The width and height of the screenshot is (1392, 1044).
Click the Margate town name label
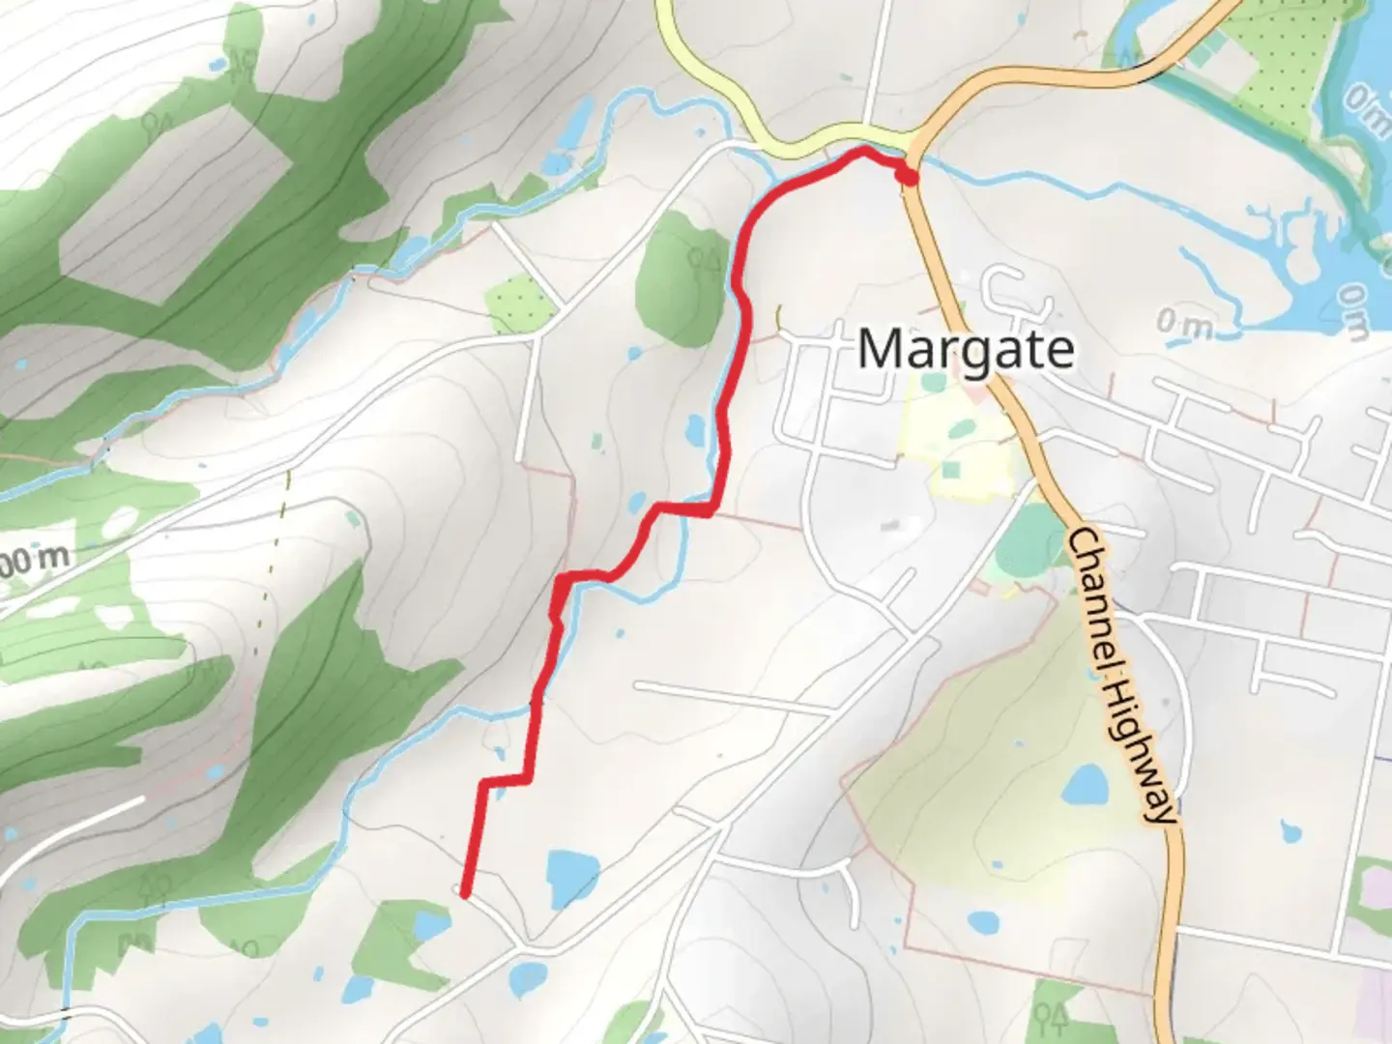[x=965, y=349]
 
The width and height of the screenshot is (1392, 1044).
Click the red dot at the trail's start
[x=907, y=176]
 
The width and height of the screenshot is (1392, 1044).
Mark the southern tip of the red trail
[x=465, y=895]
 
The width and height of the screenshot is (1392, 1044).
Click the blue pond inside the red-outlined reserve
[x=1085, y=785]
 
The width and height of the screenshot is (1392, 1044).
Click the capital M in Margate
[x=881, y=349]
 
